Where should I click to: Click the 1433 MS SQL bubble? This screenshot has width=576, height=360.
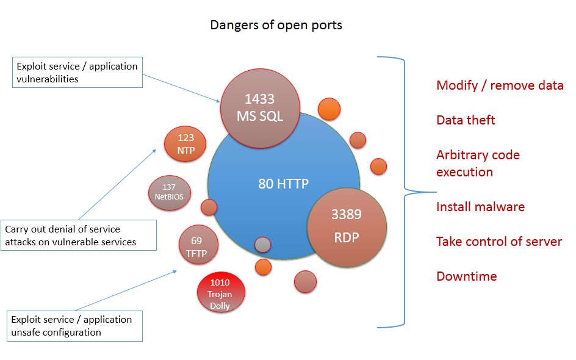click(260, 107)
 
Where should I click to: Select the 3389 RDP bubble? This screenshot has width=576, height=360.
click(347, 225)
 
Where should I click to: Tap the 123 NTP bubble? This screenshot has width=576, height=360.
click(186, 145)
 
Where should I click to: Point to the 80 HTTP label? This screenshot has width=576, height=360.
click(284, 183)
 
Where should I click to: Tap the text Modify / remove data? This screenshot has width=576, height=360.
click(500, 85)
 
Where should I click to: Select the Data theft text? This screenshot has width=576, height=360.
click(466, 120)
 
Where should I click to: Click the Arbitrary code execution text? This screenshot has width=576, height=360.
click(478, 163)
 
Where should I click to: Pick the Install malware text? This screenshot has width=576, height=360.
click(480, 207)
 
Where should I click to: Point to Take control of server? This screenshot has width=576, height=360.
click(499, 242)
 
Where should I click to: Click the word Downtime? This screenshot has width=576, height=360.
click(466, 276)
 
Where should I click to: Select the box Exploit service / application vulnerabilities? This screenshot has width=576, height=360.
click(77, 72)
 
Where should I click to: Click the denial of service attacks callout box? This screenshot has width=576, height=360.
click(78, 236)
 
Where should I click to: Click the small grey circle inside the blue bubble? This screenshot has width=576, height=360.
click(262, 245)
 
